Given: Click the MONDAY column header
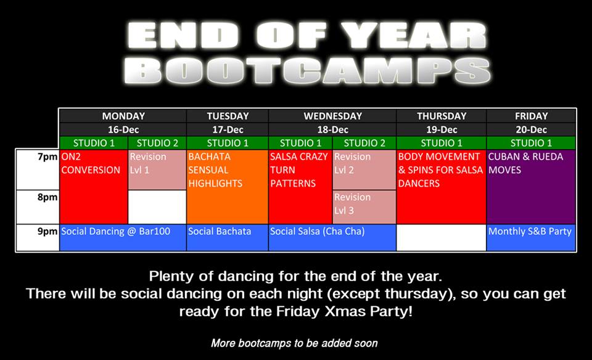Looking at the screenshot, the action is [123, 116].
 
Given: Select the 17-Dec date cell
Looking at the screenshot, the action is [228, 129].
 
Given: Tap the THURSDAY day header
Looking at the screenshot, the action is [442, 116].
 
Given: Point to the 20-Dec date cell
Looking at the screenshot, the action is [531, 129].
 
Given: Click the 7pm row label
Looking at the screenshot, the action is [47, 157].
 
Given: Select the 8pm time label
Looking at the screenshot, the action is [47, 197].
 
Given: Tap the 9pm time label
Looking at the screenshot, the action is [47, 231].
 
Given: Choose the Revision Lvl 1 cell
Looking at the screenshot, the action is [157, 170].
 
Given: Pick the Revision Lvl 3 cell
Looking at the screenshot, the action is [364, 207].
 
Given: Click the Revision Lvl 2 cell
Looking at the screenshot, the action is [364, 170].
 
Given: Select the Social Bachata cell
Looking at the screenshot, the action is [228, 238].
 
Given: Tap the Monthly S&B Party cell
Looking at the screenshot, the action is [531, 238].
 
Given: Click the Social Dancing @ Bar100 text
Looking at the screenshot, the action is [115, 231].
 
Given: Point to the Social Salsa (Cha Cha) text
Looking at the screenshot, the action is [317, 231].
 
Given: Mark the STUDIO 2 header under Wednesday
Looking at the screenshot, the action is [364, 143].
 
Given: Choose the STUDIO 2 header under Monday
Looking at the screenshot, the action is [157, 143].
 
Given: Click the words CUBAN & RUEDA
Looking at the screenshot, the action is [525, 157].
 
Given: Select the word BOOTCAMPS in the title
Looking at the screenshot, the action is [307, 71].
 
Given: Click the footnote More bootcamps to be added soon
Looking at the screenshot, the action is [294, 343].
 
